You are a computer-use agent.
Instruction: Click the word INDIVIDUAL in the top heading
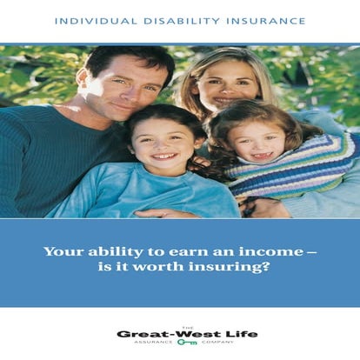tap(90, 20)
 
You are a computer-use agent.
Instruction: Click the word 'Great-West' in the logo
tap(167, 333)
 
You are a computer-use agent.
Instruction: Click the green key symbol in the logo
tap(186, 343)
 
